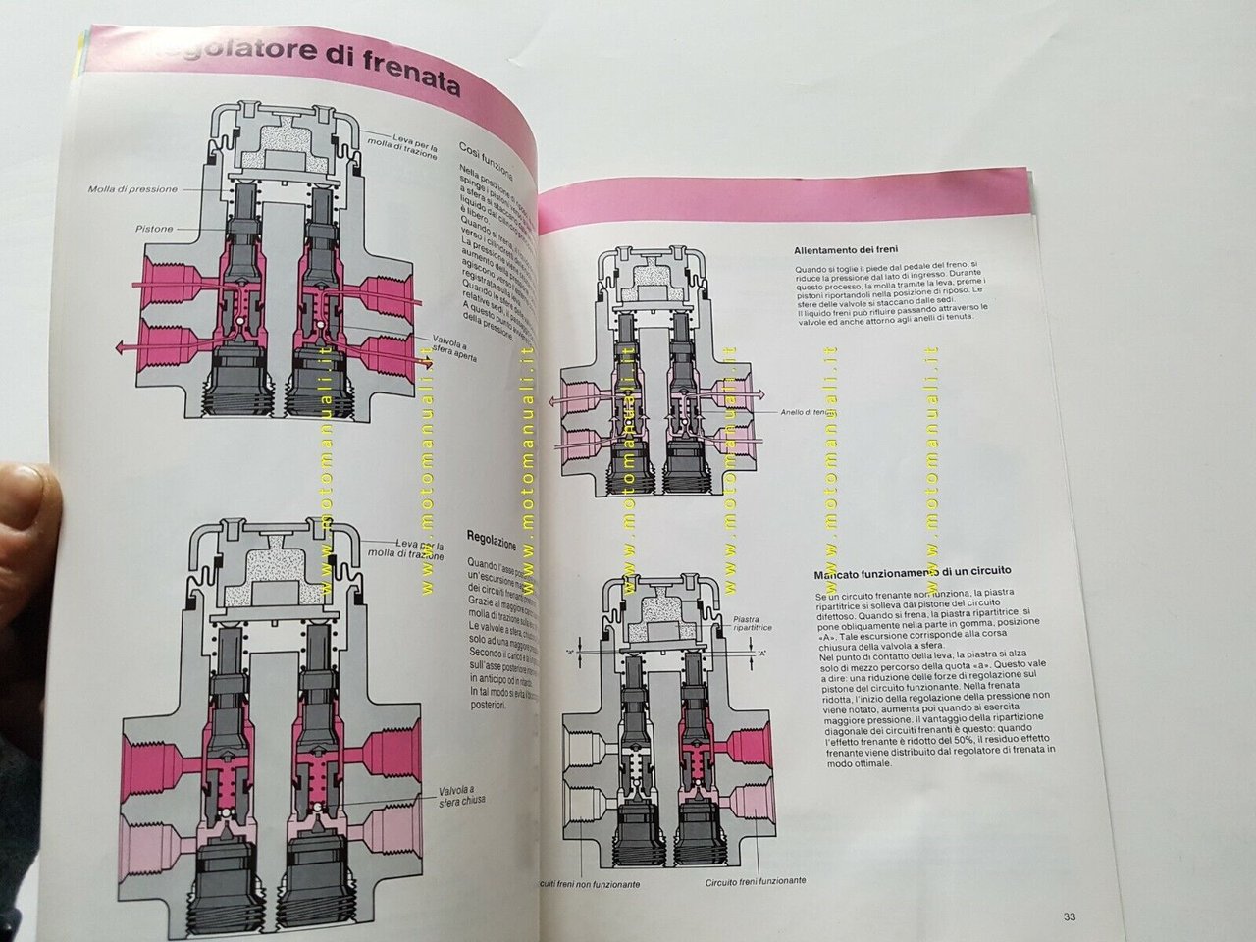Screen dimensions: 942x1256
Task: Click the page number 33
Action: pyautogui.click(x=1070, y=917)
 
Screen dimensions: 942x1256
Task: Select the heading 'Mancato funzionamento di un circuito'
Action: pyautogui.click(x=913, y=571)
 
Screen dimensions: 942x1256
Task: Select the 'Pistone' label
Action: pyautogui.click(x=155, y=229)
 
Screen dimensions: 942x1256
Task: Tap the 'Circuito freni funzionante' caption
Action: pyautogui.click(x=756, y=881)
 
